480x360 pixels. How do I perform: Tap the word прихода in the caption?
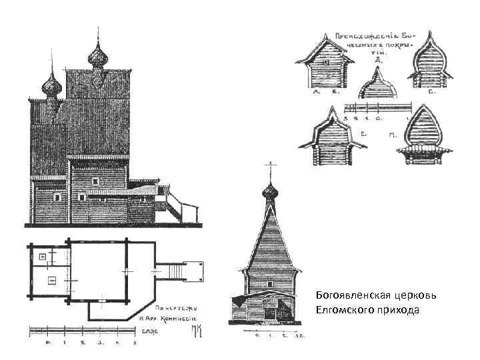pos(399,309)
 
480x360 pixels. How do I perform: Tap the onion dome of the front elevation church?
pos(270,193)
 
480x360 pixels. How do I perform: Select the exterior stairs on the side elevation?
pos(175,203)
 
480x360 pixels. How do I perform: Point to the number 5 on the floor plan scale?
pos(135,343)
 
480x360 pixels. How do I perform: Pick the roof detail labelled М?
pos(423,136)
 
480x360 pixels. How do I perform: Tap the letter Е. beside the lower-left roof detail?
pos(365,135)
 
